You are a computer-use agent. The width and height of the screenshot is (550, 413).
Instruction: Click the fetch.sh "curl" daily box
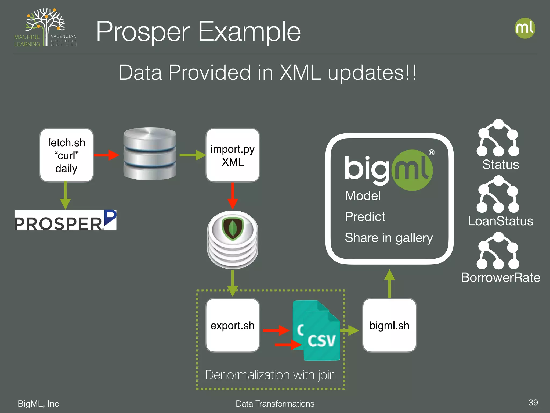tap(66, 155)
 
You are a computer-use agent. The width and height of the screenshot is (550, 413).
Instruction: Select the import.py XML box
tap(233, 155)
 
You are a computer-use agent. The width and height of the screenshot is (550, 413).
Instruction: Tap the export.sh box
tap(233, 325)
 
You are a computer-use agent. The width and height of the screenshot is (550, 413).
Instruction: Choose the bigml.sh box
tap(389, 325)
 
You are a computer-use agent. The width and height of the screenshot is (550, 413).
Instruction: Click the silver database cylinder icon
tap(149, 154)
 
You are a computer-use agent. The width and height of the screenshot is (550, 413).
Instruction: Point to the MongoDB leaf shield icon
tap(233, 229)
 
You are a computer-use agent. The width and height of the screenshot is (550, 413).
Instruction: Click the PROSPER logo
tap(65, 220)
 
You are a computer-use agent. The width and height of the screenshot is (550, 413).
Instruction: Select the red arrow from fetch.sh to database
tap(106, 155)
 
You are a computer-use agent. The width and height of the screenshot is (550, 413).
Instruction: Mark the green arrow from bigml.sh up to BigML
tap(389, 284)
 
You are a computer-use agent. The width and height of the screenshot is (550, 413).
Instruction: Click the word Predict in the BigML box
tap(365, 217)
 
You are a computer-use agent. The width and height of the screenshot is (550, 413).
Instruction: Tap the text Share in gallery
tap(389, 238)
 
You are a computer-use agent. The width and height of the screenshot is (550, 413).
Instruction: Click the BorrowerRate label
tap(501, 277)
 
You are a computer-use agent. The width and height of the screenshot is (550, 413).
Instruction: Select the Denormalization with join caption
tap(270, 375)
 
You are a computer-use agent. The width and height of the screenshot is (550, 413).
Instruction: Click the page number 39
tap(533, 402)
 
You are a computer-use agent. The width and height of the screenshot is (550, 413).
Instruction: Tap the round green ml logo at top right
tap(525, 28)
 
